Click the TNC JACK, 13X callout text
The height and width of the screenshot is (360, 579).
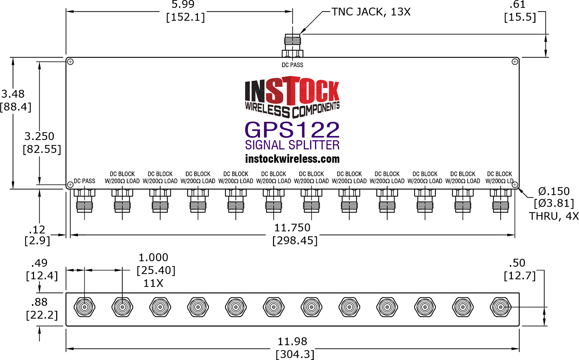click(371, 12)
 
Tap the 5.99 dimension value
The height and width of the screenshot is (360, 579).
click(183, 5)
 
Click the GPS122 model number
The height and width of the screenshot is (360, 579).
click(292, 130)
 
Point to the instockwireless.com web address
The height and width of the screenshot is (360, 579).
click(292, 159)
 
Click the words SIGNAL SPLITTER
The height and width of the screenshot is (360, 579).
click(292, 145)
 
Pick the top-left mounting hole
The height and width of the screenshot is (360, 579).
click(70, 62)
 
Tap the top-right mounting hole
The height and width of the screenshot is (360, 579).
click(515, 62)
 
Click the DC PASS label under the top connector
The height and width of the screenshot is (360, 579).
click(292, 65)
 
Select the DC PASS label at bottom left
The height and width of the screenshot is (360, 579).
click(84, 181)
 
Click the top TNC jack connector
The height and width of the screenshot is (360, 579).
click(292, 45)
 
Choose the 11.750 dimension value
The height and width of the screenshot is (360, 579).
click(292, 228)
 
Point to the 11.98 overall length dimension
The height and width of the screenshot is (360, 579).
click(292, 341)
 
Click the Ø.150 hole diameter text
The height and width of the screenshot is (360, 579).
click(554, 191)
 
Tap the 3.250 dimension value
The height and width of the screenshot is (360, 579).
click(39, 136)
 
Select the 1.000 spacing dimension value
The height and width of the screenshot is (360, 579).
click(153, 257)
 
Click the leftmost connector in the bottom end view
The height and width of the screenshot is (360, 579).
click(84, 307)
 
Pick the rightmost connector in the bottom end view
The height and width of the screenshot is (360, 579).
click(500, 307)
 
